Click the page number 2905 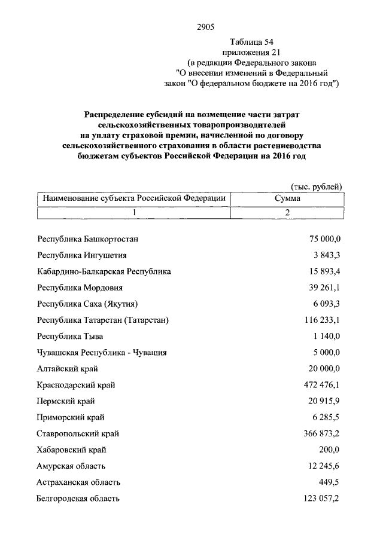(205, 26)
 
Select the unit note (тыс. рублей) (316, 187)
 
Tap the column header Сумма (287, 198)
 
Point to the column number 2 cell (287, 213)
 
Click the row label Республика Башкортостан (88, 239)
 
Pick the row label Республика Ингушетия (82, 256)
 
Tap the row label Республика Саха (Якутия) (91, 304)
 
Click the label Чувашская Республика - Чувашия (102, 353)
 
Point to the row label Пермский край (66, 402)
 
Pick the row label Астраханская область (79, 482)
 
